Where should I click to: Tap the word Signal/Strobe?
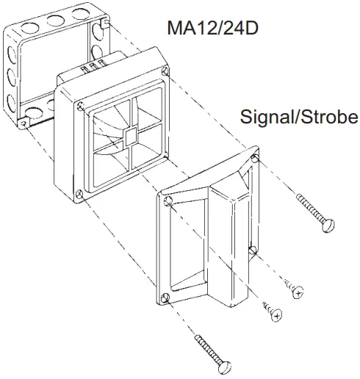(x=298, y=117)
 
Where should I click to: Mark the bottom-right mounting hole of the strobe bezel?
(x=251, y=252)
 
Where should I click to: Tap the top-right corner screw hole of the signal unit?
(x=168, y=72)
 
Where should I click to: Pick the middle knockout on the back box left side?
(x=9, y=75)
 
